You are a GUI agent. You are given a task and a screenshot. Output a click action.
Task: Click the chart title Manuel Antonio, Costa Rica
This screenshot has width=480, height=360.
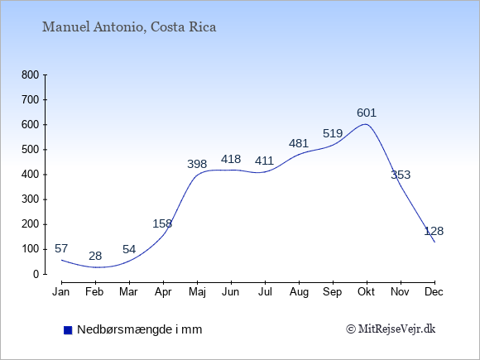(129, 27)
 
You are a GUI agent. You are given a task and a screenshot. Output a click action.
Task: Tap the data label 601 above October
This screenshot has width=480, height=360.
(367, 113)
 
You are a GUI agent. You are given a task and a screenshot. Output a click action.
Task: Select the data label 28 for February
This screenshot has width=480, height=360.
(95, 256)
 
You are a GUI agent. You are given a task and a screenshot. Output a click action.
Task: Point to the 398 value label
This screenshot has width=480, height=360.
(197, 164)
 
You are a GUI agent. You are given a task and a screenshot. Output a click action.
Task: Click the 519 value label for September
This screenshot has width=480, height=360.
(333, 133)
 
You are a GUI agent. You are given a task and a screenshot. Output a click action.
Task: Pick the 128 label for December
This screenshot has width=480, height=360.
(434, 231)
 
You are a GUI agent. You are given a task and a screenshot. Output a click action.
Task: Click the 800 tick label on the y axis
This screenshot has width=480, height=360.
(31, 75)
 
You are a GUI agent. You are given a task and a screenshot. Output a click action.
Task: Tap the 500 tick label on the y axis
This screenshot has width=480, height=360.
(31, 150)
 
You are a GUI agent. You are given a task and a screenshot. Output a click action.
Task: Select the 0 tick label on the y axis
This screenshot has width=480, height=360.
(36, 274)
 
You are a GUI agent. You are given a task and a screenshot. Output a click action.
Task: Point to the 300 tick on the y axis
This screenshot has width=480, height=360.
(31, 199)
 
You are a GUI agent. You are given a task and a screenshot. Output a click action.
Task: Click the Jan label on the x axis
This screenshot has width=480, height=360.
(61, 292)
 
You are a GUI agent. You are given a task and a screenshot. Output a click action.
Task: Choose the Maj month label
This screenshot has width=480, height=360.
(197, 292)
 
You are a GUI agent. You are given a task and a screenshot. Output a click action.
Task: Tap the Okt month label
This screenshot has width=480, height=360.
(367, 292)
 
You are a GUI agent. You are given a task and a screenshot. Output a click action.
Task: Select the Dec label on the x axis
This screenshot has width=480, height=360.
(434, 292)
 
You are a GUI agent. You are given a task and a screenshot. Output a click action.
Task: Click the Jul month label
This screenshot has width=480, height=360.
(265, 292)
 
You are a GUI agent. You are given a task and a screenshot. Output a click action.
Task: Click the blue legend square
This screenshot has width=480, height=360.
(68, 330)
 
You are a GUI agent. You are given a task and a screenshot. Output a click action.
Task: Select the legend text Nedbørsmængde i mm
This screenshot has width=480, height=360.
(140, 329)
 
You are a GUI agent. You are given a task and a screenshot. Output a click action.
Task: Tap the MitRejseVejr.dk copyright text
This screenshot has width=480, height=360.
(391, 329)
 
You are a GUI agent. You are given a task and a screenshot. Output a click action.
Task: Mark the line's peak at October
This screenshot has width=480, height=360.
(366, 124)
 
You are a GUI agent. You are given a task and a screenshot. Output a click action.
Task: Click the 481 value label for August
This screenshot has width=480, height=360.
(299, 143)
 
